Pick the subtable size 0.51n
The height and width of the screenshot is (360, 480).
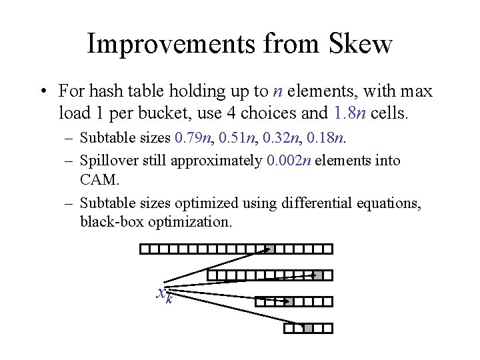pyautogui.click(x=232, y=139)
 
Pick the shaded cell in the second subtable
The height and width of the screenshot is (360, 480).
pyautogui.click(x=318, y=275)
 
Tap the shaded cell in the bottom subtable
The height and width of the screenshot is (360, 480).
pyautogui.click(x=308, y=327)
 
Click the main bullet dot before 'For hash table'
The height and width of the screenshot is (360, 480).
pyautogui.click(x=43, y=90)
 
